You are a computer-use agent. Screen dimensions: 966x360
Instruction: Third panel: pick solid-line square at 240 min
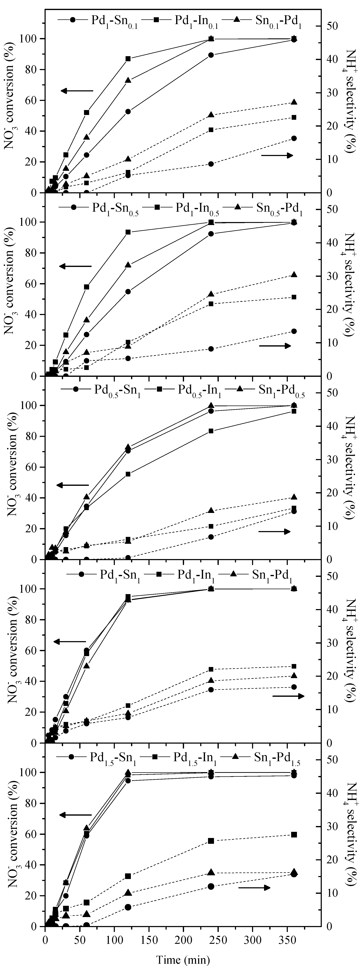point(211,431)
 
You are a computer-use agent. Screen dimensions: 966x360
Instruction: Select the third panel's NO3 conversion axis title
point(11,468)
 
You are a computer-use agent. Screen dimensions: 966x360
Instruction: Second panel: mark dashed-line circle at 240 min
point(211,349)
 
